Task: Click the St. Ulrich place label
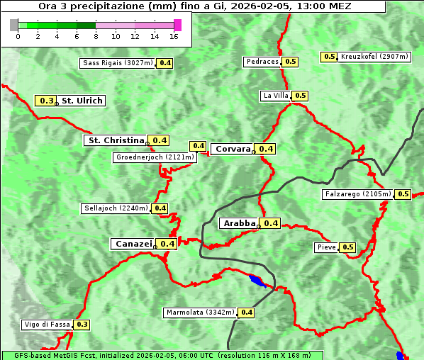[x=82, y=101]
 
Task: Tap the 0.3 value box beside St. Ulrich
[x=47, y=101]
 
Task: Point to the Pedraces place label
[x=262, y=62]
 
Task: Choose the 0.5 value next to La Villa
[x=301, y=96]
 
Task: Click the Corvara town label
[x=233, y=149]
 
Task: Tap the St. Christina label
[x=115, y=140]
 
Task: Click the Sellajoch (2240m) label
[x=116, y=208]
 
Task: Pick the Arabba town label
[x=239, y=223]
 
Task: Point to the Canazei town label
[x=133, y=243]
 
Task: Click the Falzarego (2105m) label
[x=357, y=194]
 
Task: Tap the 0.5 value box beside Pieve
[x=347, y=247]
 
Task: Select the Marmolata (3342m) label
[x=200, y=313]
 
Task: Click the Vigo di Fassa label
[x=48, y=325]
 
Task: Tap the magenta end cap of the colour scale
[x=177, y=25]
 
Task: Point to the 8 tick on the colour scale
[x=96, y=36]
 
